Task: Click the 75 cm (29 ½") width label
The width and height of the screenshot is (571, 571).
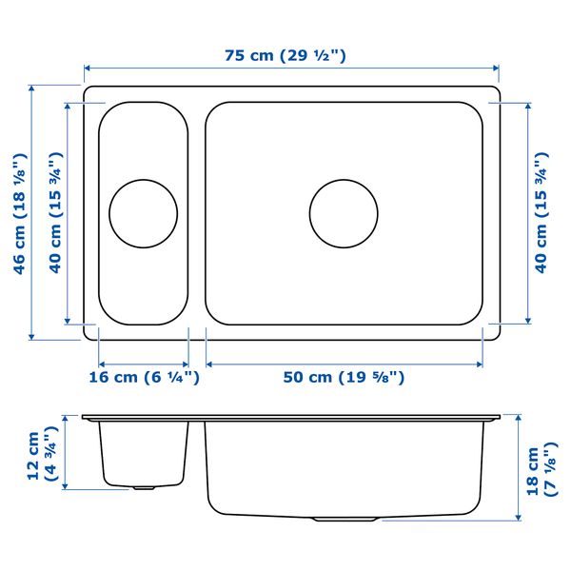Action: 285,55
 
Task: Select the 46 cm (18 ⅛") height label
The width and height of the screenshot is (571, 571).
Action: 20,213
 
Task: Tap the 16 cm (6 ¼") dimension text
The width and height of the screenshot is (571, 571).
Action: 145,377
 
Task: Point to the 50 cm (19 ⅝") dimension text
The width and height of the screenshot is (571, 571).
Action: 344,377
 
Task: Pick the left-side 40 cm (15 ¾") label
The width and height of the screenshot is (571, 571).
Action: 56,212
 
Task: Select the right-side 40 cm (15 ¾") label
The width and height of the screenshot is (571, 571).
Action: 541,212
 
